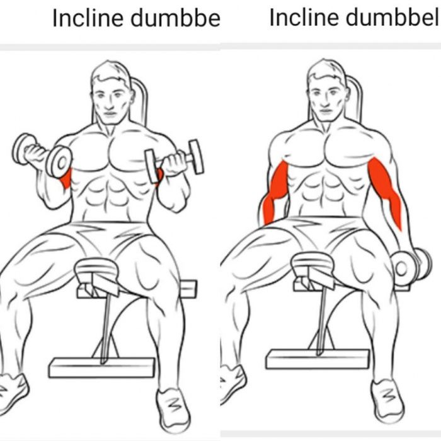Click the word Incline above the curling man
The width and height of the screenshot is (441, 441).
pos(88,18)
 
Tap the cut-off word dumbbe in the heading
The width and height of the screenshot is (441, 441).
pos(176,18)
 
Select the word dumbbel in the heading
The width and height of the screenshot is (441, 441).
pos(392,18)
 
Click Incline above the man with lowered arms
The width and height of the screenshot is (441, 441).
pos(304,18)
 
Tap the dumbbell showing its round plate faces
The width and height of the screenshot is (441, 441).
pos(42,156)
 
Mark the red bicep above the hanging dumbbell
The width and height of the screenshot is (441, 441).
pos(386,191)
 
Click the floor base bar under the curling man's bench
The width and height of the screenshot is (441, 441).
pos(102,367)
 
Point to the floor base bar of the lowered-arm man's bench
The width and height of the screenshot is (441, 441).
pos(318,358)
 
